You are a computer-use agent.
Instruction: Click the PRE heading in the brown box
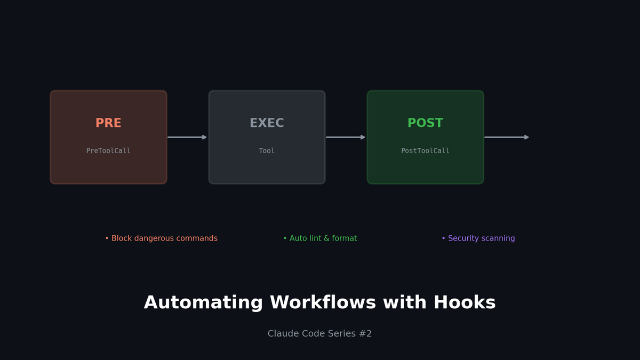point(108,123)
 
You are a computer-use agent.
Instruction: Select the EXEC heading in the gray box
point(267,123)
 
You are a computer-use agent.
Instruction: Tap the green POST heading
point(426,123)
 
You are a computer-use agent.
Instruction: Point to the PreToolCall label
point(108,150)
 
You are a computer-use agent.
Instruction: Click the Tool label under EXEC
point(267,150)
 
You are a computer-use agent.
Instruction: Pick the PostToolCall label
point(426,150)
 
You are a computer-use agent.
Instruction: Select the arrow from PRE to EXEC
point(187,138)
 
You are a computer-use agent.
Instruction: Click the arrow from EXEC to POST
point(346,138)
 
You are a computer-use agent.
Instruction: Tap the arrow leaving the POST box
point(507,138)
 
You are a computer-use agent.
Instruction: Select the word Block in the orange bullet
point(122,238)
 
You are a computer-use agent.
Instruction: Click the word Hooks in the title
point(465,302)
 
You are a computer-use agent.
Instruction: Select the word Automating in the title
point(203,303)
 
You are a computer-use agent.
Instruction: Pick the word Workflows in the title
point(323,302)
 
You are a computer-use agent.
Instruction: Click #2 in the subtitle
point(365,333)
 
